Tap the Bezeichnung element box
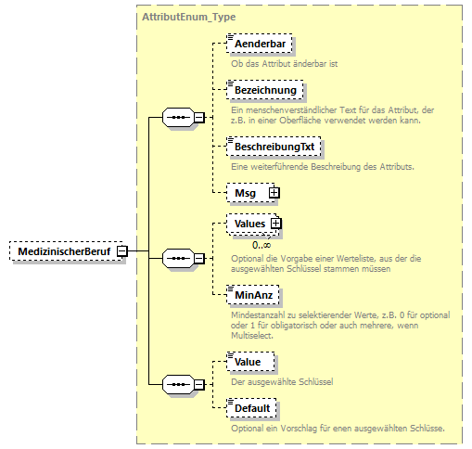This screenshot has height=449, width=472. tap(265, 90)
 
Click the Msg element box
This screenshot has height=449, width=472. tap(246, 192)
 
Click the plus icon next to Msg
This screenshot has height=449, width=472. tap(274, 192)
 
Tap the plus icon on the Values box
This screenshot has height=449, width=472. tap(275, 224)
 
